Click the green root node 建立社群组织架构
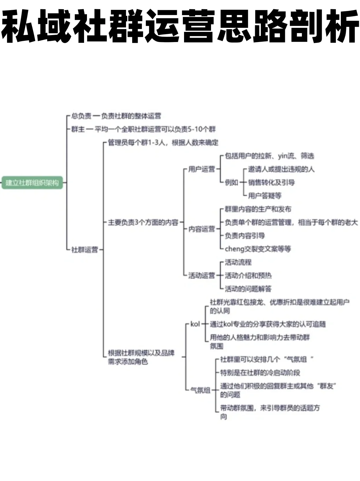pos(32,183)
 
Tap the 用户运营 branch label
pos(201,169)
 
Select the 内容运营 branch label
pos(201,229)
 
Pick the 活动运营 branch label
pos(201,276)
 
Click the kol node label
pos(195,324)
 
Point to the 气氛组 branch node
pos(200,390)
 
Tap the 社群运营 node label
pos(85,249)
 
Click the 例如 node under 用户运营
pos(231,183)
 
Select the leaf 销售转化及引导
pos(271,183)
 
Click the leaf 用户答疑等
pos(265,196)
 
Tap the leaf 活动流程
pos(238,263)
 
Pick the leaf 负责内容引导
pos(245,236)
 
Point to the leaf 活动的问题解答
pos(248,289)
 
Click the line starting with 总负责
pos(116,116)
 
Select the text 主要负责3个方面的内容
pos(143,223)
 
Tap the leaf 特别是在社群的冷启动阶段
pos(260,373)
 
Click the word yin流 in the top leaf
pos(286,156)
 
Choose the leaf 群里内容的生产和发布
pos(258,209)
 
